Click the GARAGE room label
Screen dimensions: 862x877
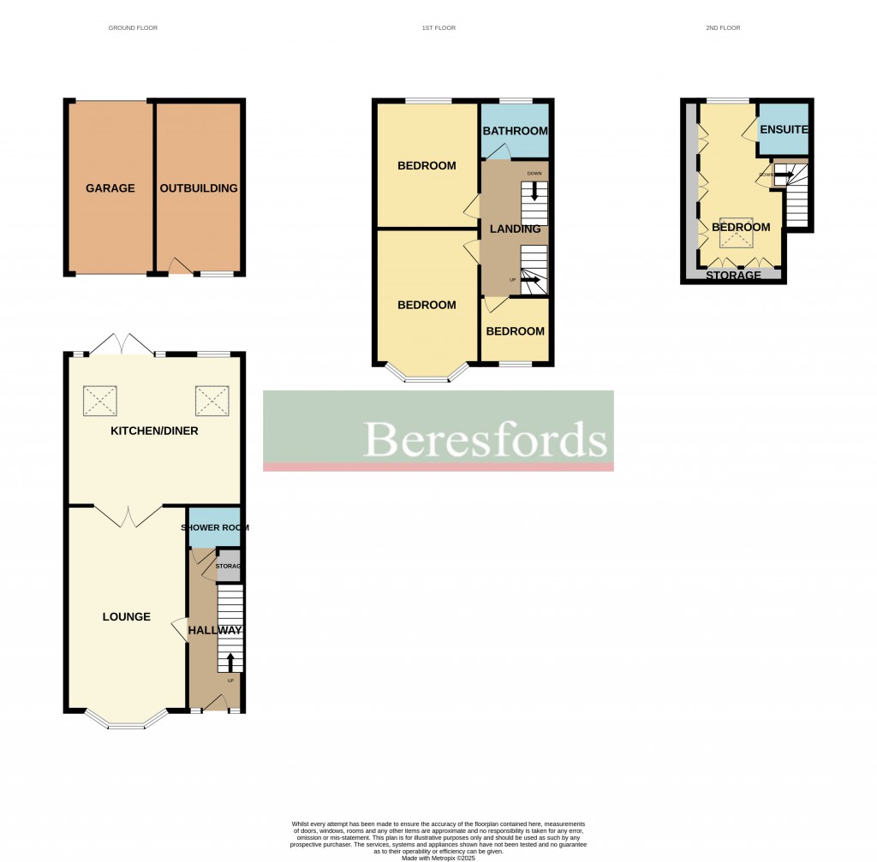point(110,188)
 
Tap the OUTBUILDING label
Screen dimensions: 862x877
point(198,188)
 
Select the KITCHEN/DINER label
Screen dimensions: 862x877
point(154,431)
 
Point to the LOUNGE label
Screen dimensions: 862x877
point(126,616)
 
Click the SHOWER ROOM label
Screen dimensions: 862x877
point(214,527)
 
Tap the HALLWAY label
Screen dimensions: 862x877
point(214,630)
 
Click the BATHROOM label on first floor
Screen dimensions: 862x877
point(515,131)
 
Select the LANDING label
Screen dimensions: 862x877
point(515,229)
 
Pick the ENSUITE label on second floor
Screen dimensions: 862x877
point(785,129)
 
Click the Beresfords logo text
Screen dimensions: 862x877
point(486,440)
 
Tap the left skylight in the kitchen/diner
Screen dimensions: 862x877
point(100,399)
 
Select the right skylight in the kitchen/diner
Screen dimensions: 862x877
point(212,399)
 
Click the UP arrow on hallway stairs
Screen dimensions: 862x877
point(230,661)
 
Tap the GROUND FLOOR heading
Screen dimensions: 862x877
point(133,28)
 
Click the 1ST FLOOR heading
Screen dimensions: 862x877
point(438,28)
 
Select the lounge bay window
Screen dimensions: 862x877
point(126,724)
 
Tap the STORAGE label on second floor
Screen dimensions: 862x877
point(734,276)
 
